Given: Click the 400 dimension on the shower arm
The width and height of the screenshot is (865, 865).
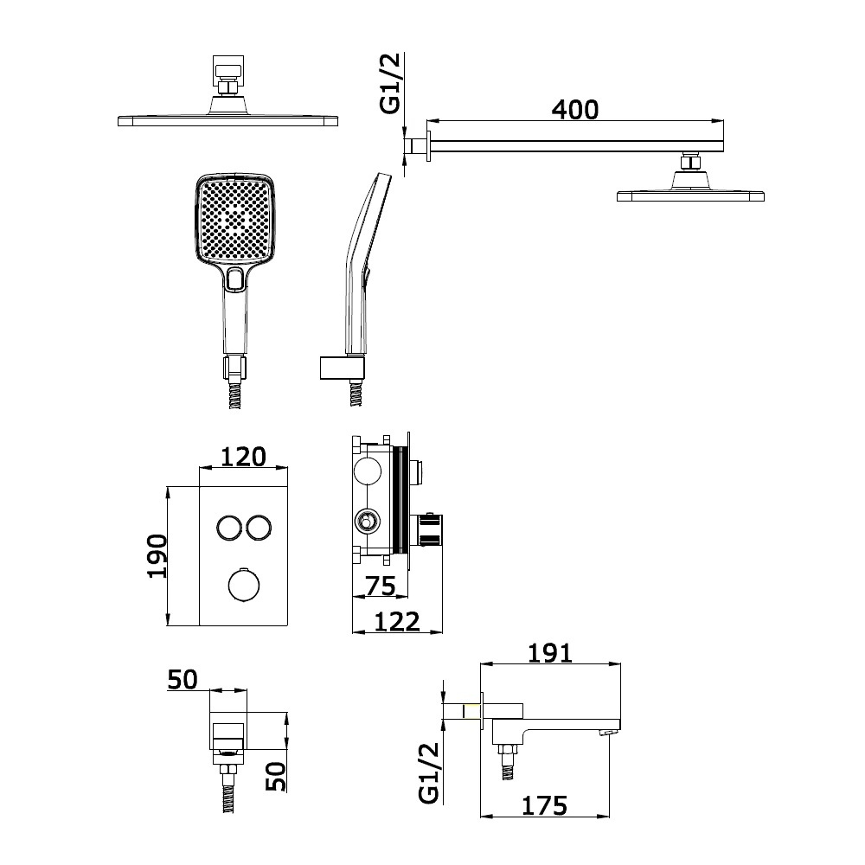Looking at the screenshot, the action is pos(575,110).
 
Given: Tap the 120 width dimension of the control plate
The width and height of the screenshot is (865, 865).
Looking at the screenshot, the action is pos(243,457).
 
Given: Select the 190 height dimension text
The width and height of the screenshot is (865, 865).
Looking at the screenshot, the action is pos(157,556).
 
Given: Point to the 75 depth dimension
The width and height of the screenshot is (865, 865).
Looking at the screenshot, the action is pos(381,586).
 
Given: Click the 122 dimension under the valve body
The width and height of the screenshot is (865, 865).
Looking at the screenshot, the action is pos(397,622).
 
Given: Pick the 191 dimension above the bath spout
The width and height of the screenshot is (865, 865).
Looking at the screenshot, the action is pos(550,653).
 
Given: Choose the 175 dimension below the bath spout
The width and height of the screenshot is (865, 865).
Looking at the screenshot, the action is pos(544,806).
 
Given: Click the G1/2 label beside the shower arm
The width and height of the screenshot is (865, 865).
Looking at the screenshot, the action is pos(391,84).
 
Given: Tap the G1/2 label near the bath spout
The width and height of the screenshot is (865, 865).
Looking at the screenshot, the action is pos(429,772).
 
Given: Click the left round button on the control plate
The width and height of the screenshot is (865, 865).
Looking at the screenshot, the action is pos(228,528).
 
